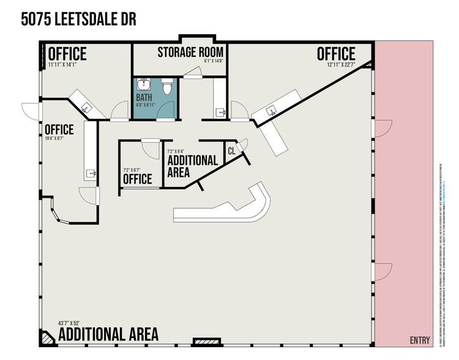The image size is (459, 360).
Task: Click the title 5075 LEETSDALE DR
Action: pyautogui.click(x=78, y=19)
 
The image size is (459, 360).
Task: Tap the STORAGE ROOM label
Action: pyautogui.click(x=190, y=51)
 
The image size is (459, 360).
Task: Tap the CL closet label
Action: pyautogui.click(x=231, y=151)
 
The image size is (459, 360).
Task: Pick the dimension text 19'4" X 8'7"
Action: pyautogui.click(x=56, y=139)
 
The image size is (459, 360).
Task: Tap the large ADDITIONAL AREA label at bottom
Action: pyautogui.click(x=108, y=334)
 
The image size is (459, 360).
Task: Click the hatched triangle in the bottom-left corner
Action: pyautogui.click(x=47, y=337)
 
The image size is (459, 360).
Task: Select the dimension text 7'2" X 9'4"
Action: pyautogui.click(x=179, y=151)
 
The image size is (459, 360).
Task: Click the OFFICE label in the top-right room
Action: pyautogui.click(x=336, y=54)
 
